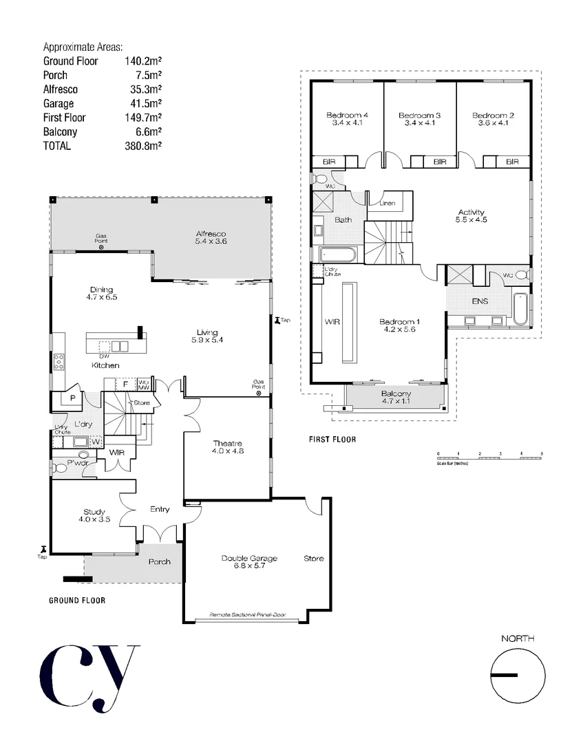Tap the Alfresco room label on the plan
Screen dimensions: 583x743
211,234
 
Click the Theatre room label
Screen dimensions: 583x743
229,443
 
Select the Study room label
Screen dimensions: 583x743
94,512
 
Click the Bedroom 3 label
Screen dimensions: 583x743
419,115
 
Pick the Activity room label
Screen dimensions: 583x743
471,212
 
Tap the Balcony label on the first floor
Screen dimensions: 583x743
396,394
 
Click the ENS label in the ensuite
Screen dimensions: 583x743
480,301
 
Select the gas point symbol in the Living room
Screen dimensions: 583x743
259,394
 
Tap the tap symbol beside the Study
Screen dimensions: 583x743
44,548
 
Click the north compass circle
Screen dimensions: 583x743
518,675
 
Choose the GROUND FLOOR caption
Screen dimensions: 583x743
77,601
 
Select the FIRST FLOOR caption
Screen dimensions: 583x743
332,439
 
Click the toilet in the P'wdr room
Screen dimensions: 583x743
61,467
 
